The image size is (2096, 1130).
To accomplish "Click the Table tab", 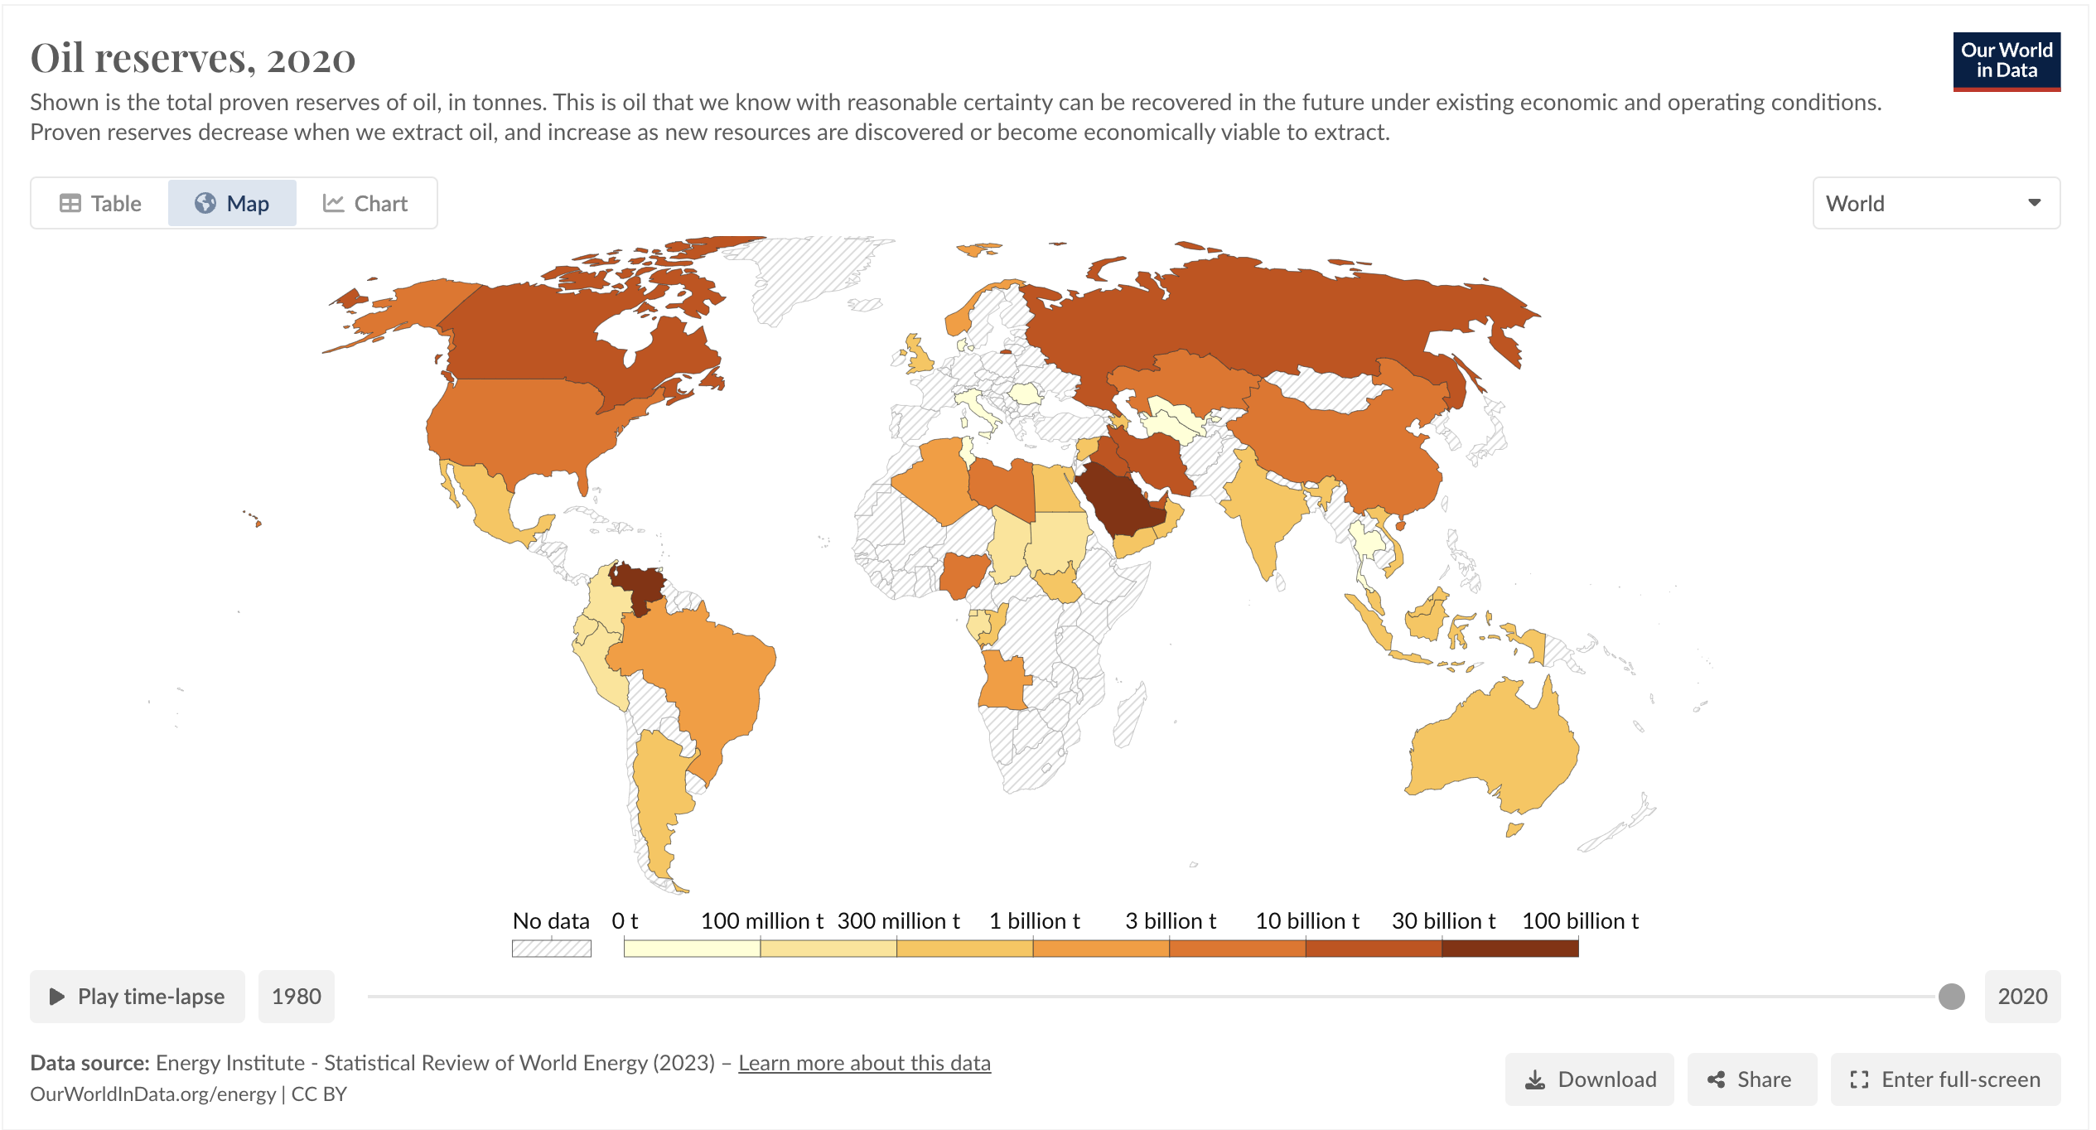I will tap(100, 204).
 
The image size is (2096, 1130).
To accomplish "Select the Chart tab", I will tap(365, 204).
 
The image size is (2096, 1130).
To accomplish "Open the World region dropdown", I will tap(1935, 204).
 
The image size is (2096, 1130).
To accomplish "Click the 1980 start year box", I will tap(296, 997).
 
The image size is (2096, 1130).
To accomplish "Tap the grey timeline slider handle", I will tap(1951, 997).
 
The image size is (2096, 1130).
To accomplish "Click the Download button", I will tap(1589, 1079).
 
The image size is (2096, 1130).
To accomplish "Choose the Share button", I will tap(1751, 1079).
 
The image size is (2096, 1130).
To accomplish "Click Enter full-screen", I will tap(1944, 1079).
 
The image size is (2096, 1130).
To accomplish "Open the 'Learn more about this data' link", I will tap(864, 1063).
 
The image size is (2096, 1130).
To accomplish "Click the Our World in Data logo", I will tap(2006, 61).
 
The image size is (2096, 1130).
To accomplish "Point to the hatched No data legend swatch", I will tap(551, 949).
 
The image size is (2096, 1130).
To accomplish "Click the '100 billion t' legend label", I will tap(1580, 921).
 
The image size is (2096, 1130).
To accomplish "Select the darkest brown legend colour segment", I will tap(1509, 949).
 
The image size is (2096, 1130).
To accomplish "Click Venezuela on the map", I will tap(640, 584).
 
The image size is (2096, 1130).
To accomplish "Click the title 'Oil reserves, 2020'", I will tap(193, 59).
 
